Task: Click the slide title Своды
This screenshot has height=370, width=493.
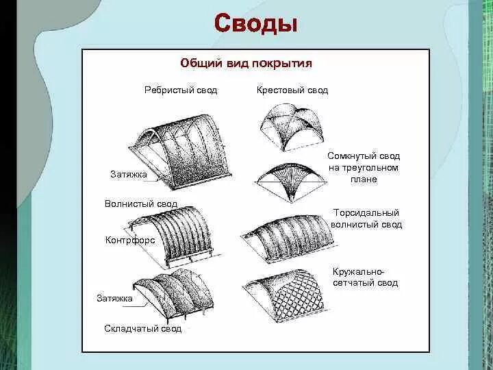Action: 255,24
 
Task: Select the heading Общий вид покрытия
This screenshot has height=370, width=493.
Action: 246,63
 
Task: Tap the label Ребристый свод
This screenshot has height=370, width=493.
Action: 181,90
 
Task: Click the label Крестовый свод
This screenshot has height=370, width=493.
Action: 292,90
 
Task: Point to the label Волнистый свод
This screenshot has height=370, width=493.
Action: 141,203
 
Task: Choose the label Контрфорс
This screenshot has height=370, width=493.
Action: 130,241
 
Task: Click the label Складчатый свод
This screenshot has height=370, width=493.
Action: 143,329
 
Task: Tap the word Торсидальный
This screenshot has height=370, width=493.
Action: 365,213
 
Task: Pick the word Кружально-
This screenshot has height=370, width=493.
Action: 359,271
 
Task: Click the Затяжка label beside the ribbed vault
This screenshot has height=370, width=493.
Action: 128,175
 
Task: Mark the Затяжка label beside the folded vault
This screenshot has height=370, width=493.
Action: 114,299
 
